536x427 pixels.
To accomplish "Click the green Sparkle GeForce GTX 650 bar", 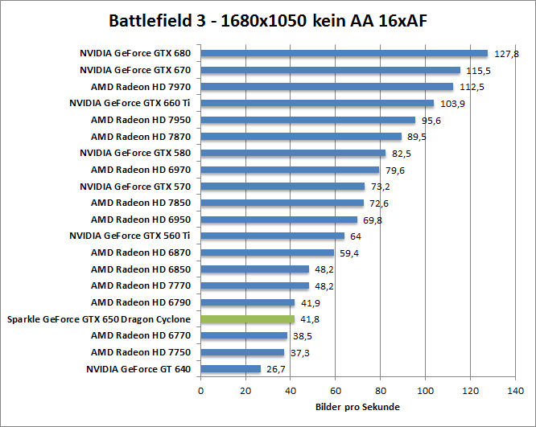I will (x=248, y=319).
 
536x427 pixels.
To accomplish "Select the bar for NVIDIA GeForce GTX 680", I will (x=344, y=53).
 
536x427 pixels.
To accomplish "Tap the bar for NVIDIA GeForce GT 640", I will (x=231, y=369).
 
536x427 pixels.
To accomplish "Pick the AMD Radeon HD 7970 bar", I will (x=327, y=87).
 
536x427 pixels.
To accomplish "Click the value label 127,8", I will (x=506, y=54).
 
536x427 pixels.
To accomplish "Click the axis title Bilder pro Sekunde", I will (x=357, y=407).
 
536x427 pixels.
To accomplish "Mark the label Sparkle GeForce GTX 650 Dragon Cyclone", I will (x=98, y=319).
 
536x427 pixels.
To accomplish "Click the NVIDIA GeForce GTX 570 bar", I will (x=282, y=187).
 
